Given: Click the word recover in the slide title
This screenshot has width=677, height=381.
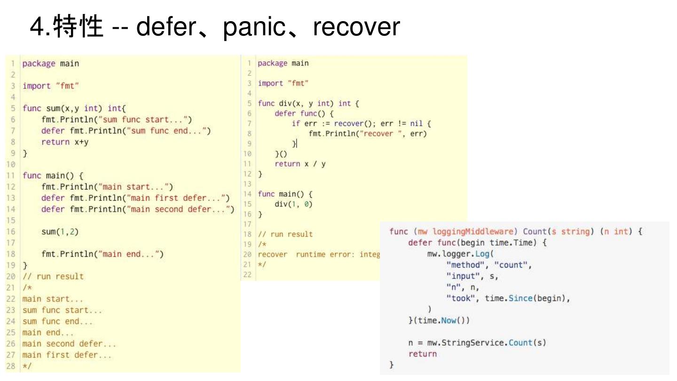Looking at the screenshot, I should pos(356,28).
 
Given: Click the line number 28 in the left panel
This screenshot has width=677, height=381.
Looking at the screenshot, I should pos(10,366).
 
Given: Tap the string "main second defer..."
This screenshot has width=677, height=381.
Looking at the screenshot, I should pos(182,209).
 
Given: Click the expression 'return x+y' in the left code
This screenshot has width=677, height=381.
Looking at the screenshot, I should pos(65,142).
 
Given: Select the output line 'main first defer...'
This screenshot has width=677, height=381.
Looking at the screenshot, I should pos(67,355).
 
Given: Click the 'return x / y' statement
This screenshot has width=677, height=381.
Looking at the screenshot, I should pos(300,164).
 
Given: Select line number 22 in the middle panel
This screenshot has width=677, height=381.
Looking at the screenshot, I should pos(247,275).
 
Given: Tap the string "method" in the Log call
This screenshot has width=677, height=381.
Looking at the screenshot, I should pos(467,265).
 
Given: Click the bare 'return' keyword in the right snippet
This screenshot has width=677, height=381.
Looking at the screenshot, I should pos(422,354).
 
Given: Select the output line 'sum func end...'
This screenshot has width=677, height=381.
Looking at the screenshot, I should pos(57,322).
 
